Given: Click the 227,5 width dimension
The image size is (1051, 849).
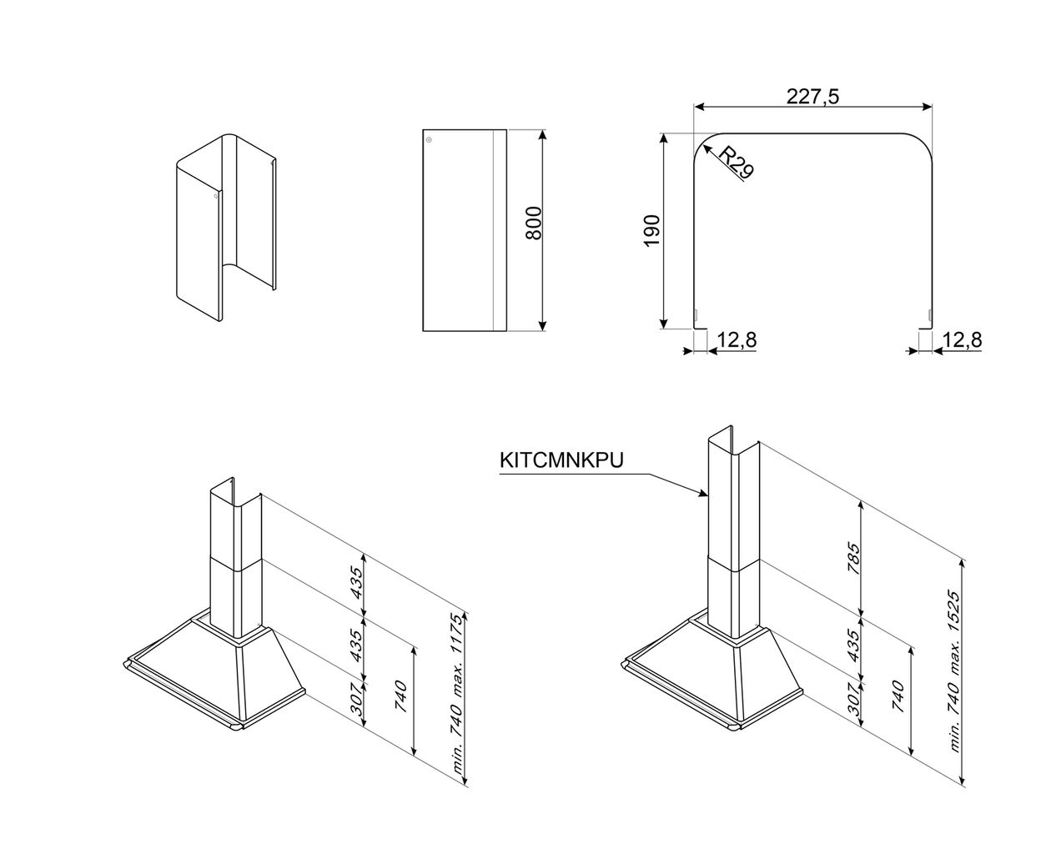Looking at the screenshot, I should click(812, 97).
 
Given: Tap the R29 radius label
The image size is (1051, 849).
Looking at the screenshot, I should click(736, 163).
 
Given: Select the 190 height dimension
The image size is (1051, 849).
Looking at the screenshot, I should click(652, 230).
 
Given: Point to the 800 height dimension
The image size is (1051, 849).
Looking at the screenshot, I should click(534, 223).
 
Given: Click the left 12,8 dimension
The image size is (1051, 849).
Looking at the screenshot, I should click(737, 340).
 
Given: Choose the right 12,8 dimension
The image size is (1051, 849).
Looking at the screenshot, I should click(962, 340).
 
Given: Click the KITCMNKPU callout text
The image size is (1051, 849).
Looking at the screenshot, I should click(561, 461).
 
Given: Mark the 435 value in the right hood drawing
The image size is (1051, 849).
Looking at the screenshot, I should click(852, 642).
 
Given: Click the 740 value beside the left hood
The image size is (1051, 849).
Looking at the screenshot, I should click(401, 697).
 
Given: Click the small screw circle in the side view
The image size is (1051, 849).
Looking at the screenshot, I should click(429, 140).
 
